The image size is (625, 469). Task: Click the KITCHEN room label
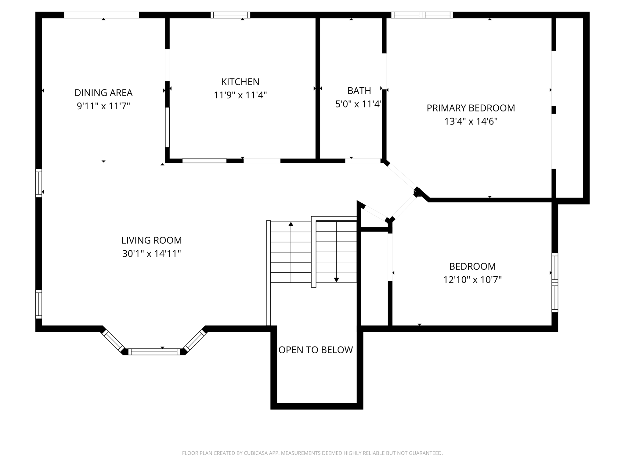point(240,82)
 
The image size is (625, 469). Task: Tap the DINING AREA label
point(103,93)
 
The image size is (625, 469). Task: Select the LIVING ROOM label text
point(151,240)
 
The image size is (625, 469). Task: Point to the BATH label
point(359,91)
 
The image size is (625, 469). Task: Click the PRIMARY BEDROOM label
point(471,108)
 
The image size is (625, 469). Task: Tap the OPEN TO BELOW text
point(316,350)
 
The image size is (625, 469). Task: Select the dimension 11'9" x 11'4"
point(240,95)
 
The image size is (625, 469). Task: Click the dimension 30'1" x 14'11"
point(151,254)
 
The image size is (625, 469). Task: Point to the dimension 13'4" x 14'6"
point(471,122)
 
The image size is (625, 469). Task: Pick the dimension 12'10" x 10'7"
point(472,280)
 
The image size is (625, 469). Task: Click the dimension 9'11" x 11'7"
point(103,106)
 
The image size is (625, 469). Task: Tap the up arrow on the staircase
point(291,224)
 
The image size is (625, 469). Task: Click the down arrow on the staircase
point(336,280)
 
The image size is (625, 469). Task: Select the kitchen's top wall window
point(230,15)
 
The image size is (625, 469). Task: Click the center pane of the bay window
point(154,352)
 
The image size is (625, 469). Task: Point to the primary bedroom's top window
point(422,15)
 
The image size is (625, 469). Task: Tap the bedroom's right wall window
point(555,283)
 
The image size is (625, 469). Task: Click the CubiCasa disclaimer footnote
point(312,453)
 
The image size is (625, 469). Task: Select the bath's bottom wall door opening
point(363,161)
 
